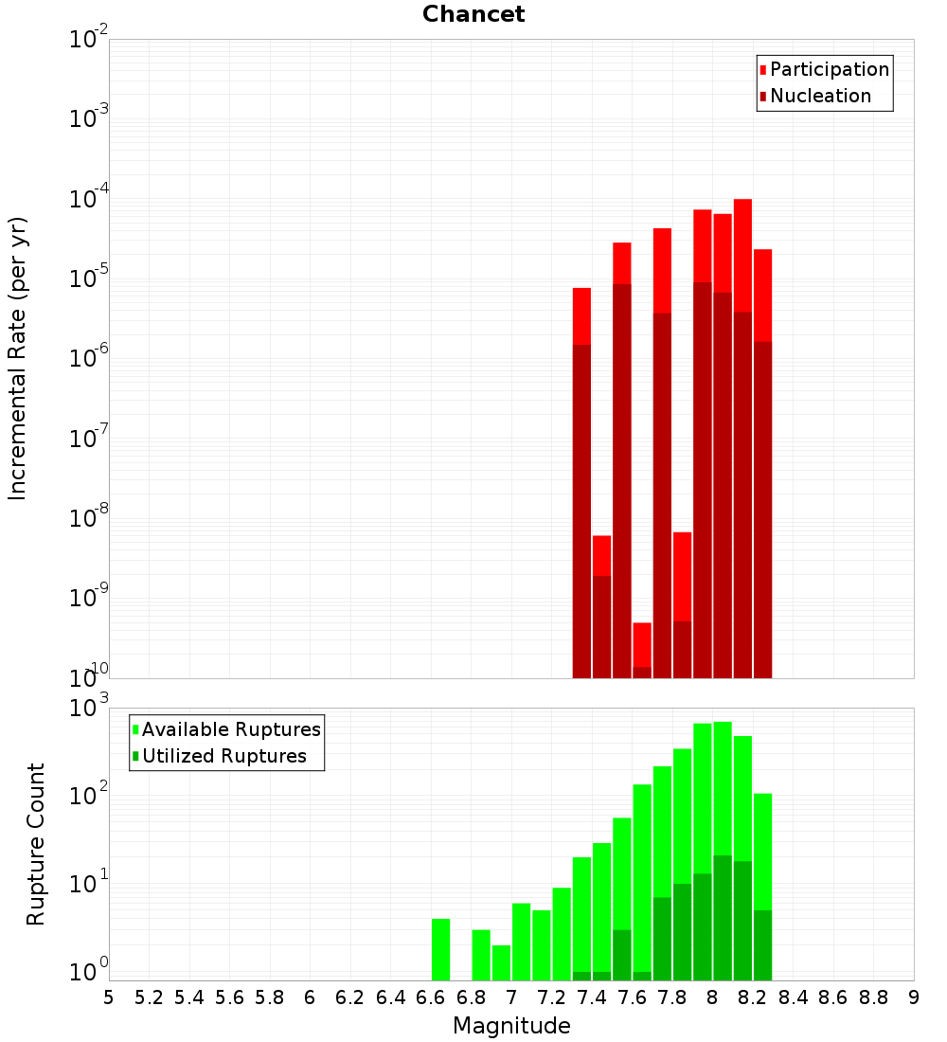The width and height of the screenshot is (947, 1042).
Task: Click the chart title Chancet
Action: click(473, 14)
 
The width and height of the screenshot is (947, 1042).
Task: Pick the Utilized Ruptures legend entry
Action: click(223, 756)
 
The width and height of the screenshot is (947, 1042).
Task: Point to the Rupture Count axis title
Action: click(36, 843)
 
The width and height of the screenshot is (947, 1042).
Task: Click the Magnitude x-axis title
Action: click(511, 1025)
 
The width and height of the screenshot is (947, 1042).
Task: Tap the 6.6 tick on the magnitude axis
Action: click(431, 997)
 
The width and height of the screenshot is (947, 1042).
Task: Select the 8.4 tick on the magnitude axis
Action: click(793, 997)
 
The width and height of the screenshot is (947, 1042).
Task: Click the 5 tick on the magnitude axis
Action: click(109, 997)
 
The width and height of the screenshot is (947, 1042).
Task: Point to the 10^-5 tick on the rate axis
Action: click(89, 278)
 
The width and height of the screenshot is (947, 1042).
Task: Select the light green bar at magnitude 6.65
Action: click(440, 949)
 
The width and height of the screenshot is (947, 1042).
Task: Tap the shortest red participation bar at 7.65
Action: click(642, 644)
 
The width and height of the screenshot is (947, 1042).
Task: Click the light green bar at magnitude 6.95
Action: click(501, 961)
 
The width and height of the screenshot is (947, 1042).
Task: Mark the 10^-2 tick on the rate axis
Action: click(89, 40)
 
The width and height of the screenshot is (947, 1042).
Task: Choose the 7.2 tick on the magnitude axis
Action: click(551, 997)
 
